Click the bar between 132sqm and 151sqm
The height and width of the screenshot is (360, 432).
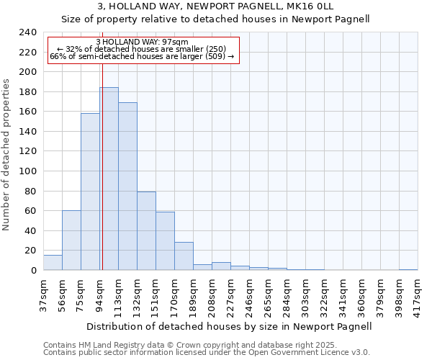[146, 230]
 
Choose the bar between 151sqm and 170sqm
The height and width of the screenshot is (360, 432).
[165, 240]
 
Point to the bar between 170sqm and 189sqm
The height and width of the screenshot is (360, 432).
[184, 256]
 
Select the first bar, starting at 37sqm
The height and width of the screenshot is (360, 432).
[53, 262]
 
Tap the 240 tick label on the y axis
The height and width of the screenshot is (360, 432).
[27, 32]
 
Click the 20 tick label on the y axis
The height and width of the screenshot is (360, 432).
[30, 251]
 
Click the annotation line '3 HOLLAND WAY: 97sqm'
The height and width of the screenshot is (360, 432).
[142, 42]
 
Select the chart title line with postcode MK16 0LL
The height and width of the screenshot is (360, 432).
[215, 6]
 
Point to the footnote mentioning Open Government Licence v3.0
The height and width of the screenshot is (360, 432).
[206, 353]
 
